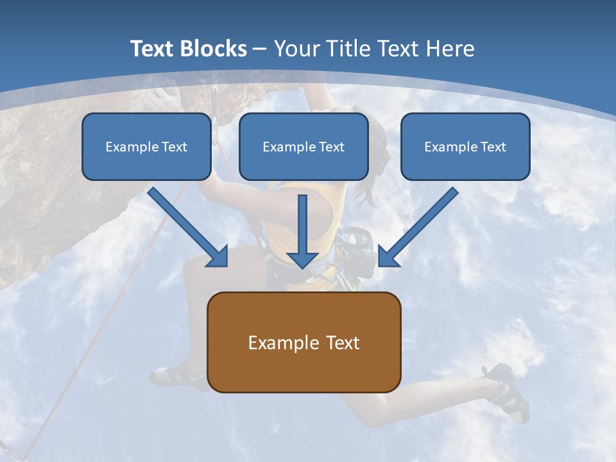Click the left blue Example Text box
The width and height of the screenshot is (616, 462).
pos(146,146)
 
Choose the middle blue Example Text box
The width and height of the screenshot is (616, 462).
pos(304,146)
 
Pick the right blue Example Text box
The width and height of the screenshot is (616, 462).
pos(465,146)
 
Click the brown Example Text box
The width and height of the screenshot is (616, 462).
pos(304,342)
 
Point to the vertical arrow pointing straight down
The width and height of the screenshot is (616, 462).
pos(302,231)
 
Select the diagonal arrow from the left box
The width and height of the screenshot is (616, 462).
pos(186,225)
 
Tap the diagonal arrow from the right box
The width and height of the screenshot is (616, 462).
pos(420,225)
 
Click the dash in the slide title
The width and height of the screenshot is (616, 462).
pos(260,49)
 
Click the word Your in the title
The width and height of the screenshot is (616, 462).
pos(296,49)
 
